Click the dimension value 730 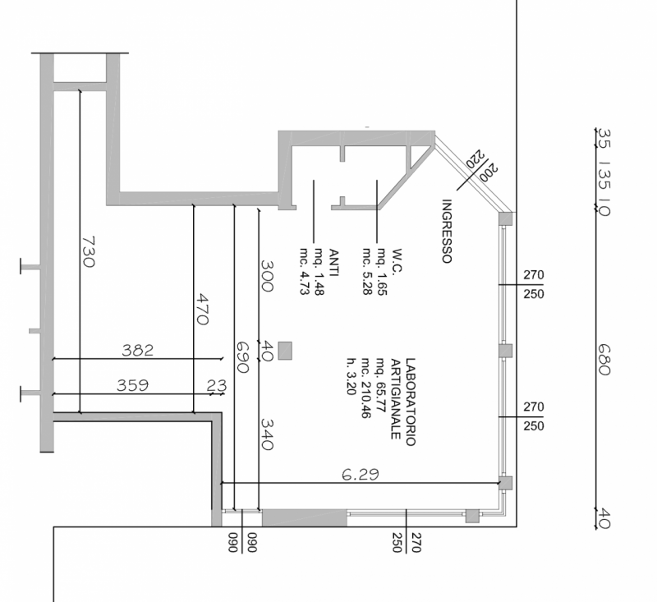(88, 251)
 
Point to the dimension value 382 (138, 351)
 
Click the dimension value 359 (131, 385)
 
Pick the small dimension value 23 (216, 385)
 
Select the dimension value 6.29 (361, 474)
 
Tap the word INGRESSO (448, 232)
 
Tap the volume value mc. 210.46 (365, 390)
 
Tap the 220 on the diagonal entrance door (474, 158)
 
